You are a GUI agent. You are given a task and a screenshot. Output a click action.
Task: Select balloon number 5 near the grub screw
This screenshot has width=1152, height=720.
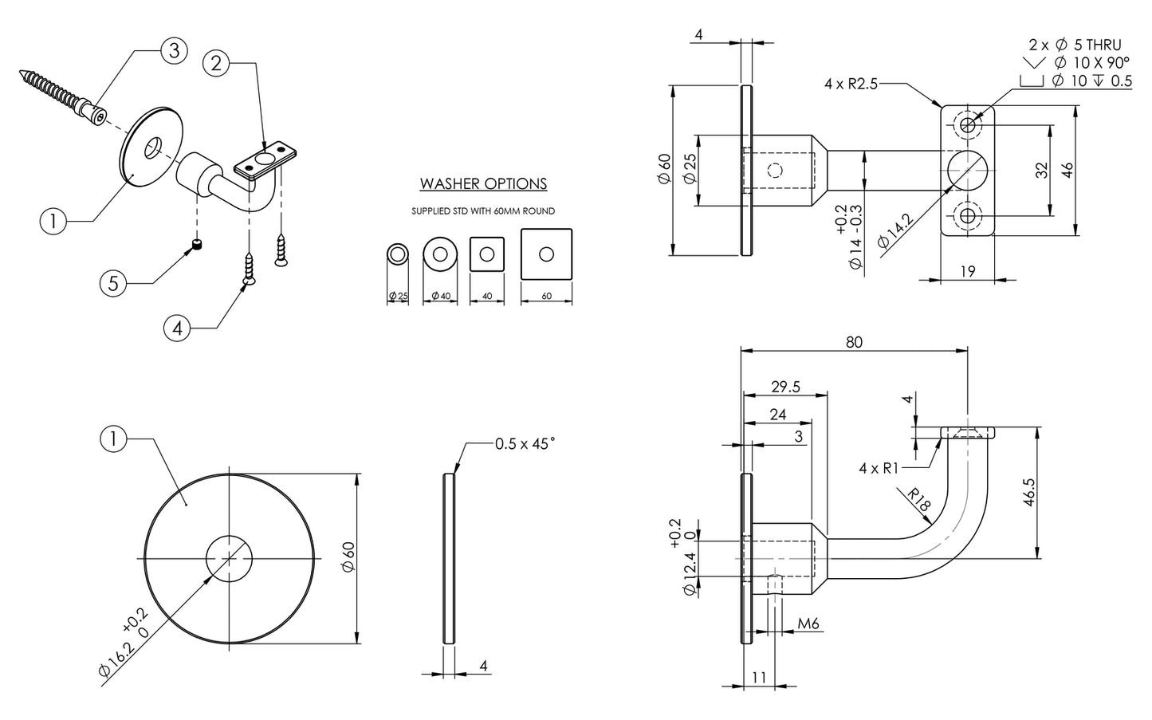click(x=114, y=283)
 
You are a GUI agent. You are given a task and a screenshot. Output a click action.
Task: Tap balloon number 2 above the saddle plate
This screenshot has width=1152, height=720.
click(x=216, y=63)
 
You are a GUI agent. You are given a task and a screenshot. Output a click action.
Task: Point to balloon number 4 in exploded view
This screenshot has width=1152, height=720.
click(x=178, y=328)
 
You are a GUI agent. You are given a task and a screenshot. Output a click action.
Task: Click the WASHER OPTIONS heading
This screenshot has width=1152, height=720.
click(x=483, y=184)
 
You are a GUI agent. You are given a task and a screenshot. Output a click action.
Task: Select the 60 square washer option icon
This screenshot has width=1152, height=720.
click(x=546, y=254)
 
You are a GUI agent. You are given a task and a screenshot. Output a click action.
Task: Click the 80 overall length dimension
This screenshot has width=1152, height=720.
click(x=854, y=342)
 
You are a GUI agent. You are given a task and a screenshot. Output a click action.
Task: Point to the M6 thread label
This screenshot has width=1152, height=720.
click(x=808, y=624)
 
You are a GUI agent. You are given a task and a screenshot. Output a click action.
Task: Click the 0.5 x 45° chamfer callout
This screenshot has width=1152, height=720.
click(x=525, y=444)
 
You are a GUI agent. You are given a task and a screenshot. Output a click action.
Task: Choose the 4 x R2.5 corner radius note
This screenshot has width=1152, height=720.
click(x=851, y=84)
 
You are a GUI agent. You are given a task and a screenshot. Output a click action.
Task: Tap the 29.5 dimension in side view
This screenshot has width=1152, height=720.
click(x=785, y=387)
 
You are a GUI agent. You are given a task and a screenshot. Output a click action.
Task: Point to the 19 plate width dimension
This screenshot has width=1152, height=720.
click(x=966, y=271)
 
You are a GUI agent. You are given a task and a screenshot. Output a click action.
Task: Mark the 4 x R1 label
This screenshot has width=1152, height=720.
click(x=879, y=468)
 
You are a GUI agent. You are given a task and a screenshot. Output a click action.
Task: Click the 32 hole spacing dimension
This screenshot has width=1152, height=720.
click(x=1040, y=170)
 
